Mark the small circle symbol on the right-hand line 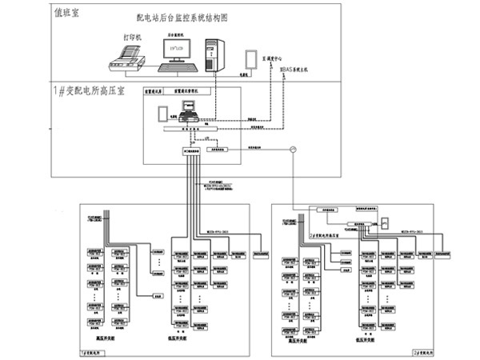[293, 149]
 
